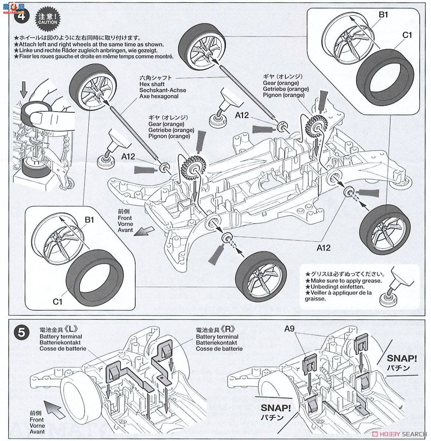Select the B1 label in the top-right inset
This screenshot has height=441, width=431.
(x=384, y=15)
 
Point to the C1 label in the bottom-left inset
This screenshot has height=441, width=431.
(x=57, y=302)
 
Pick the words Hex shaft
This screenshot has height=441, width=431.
(x=153, y=84)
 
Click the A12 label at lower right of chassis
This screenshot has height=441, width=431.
(x=323, y=248)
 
